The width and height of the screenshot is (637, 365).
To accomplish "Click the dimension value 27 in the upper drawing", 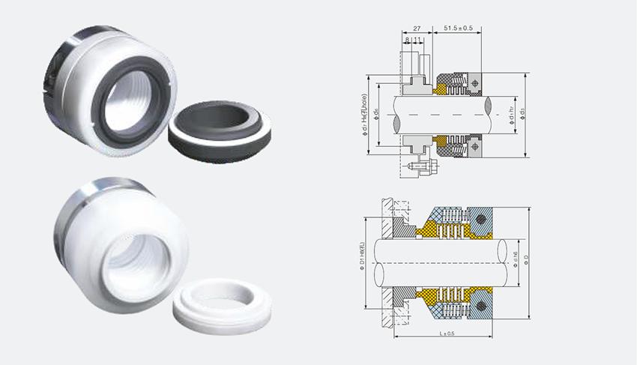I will tap(417, 28).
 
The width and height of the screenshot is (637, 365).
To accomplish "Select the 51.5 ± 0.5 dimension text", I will tap(457, 28).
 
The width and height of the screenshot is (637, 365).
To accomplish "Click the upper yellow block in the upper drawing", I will tap(437, 88).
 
